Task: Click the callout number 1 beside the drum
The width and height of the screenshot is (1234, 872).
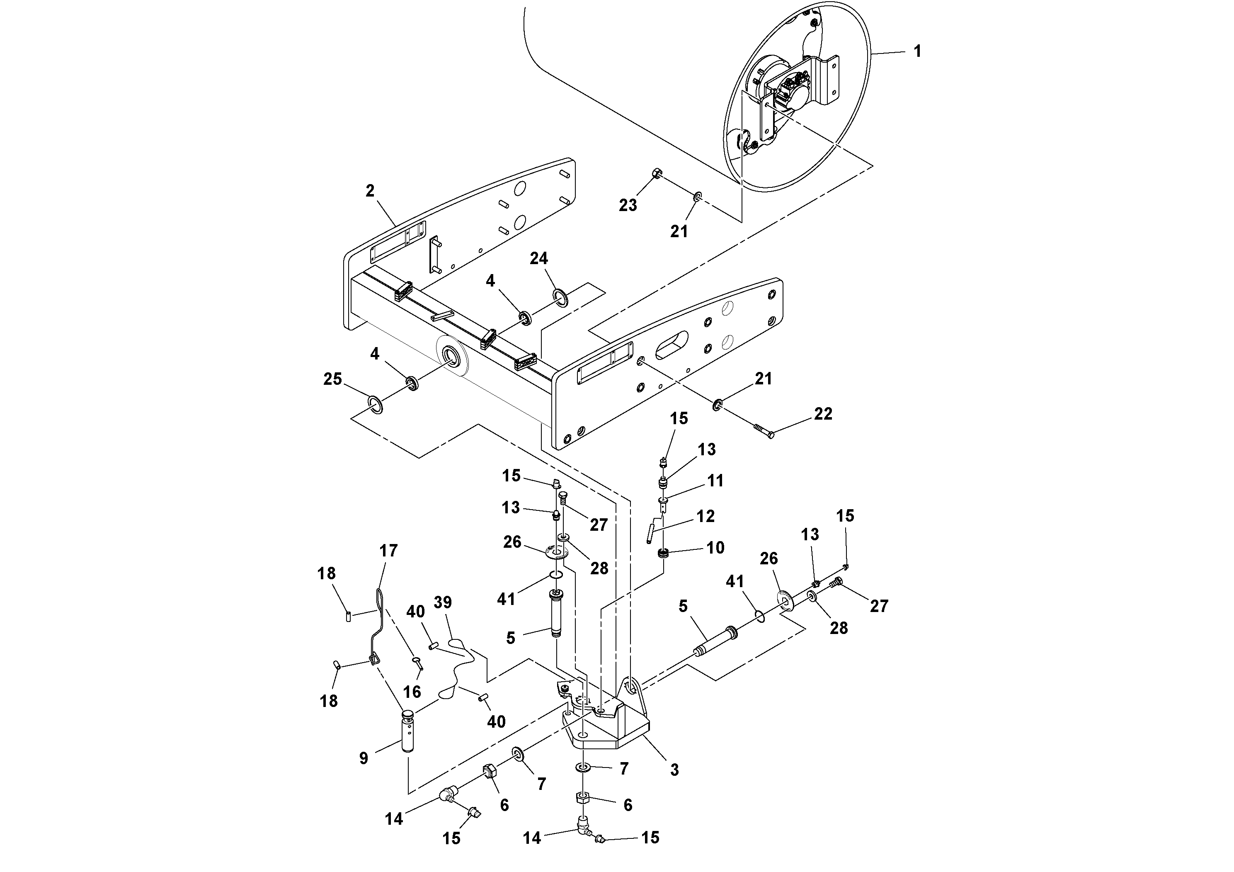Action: pyautogui.click(x=917, y=51)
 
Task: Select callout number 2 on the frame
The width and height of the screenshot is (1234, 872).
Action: pyautogui.click(x=370, y=191)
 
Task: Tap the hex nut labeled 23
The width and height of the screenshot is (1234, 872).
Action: pyautogui.click(x=656, y=174)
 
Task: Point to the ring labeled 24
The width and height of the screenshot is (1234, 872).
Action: pyautogui.click(x=560, y=297)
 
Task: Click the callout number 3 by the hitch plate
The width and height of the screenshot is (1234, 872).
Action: pyautogui.click(x=674, y=770)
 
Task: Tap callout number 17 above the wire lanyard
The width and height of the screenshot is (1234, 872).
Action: pyautogui.click(x=388, y=551)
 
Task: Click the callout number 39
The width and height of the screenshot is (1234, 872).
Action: pyautogui.click(x=442, y=602)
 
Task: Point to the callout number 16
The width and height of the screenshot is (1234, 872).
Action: pyautogui.click(x=412, y=691)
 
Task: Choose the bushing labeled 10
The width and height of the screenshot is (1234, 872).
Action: pyautogui.click(x=663, y=552)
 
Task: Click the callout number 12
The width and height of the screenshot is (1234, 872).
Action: pyautogui.click(x=705, y=516)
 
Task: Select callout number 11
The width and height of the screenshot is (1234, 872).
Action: pyautogui.click(x=715, y=481)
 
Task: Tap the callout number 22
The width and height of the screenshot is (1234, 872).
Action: pyautogui.click(x=823, y=413)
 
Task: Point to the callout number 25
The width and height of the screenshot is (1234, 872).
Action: pyautogui.click(x=333, y=379)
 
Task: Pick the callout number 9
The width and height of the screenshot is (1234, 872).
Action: pyautogui.click(x=364, y=758)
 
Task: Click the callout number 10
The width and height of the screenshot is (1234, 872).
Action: pyautogui.click(x=715, y=548)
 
